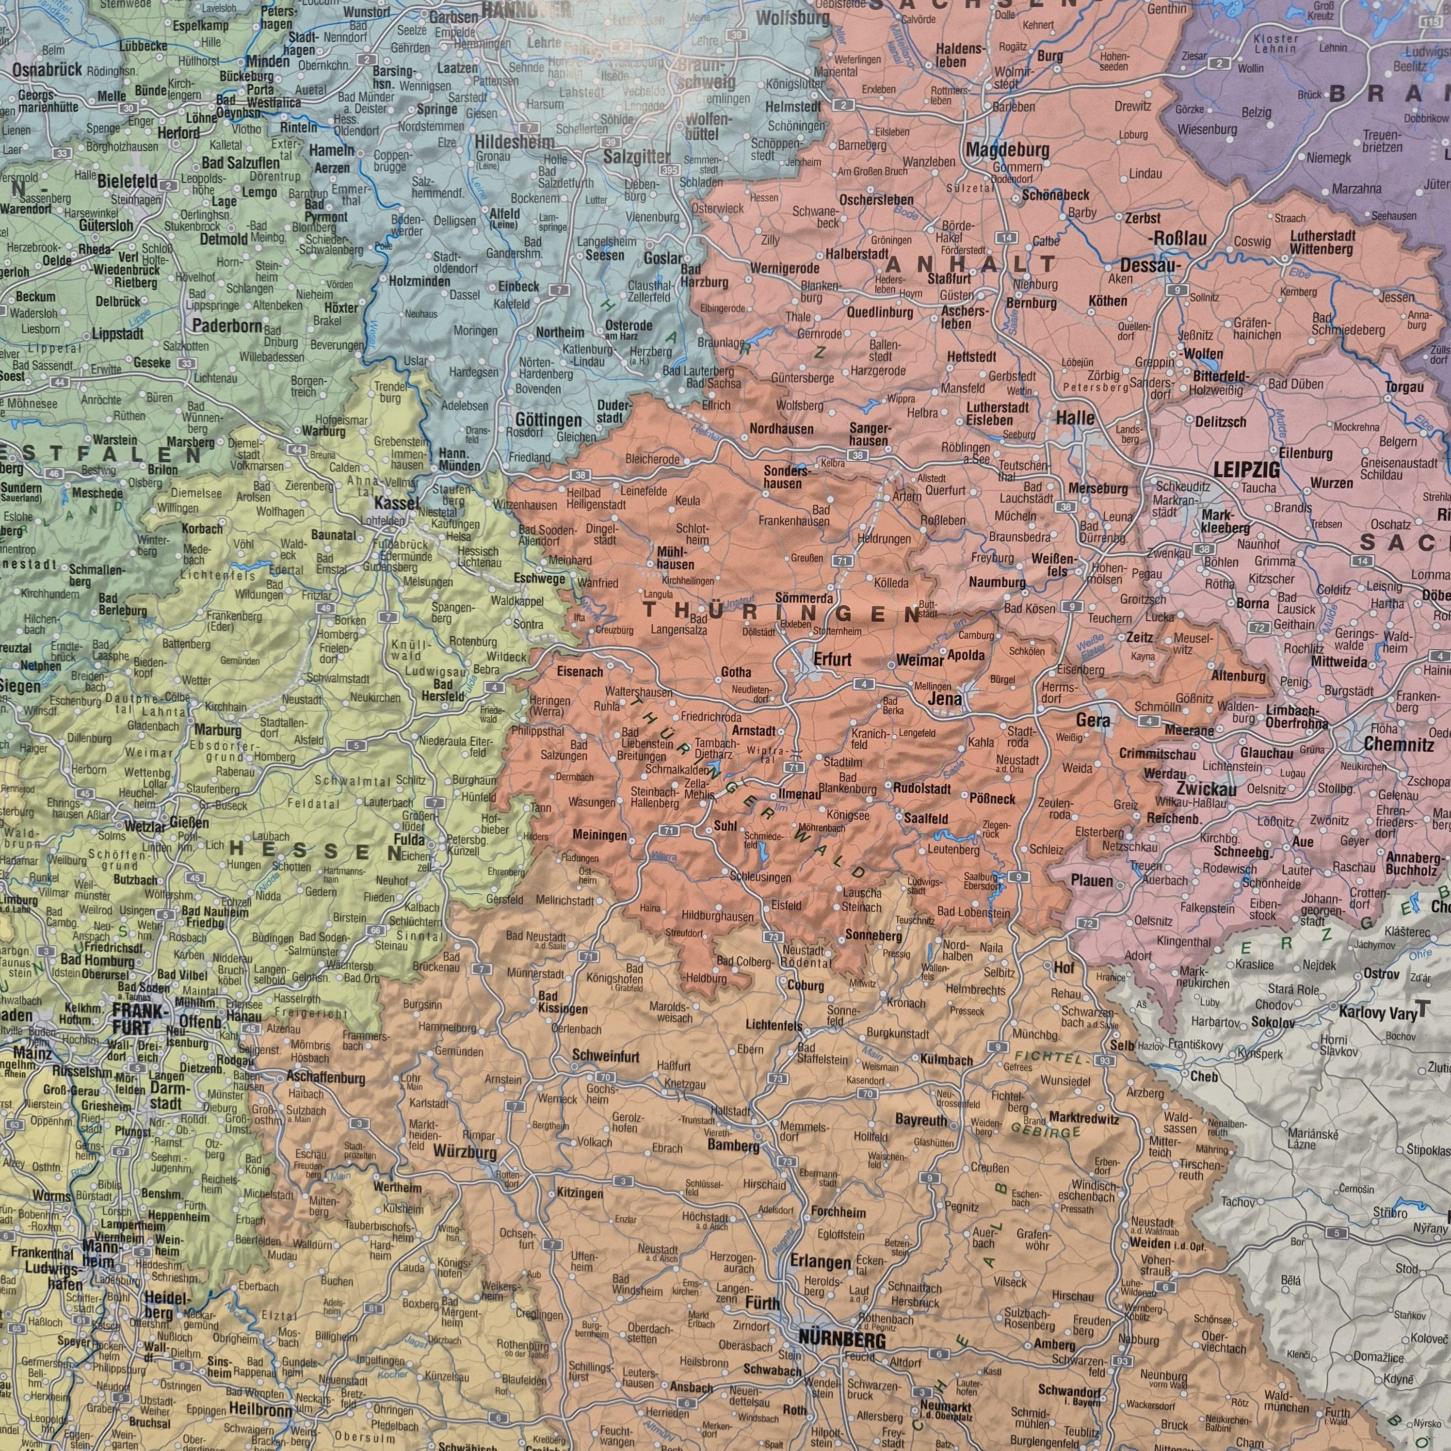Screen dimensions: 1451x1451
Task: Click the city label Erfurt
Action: pos(833,660)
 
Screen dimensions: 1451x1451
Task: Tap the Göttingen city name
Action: pos(548,420)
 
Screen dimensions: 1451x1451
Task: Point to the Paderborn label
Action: pos(227,326)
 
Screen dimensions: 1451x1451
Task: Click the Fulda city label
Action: pos(411,839)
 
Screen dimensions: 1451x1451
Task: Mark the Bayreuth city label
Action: pos(921,1120)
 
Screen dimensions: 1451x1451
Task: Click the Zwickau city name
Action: pos(1206,790)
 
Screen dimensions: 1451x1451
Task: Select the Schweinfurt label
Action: pos(605,1057)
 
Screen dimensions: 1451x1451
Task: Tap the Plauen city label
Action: pos(1091,881)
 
